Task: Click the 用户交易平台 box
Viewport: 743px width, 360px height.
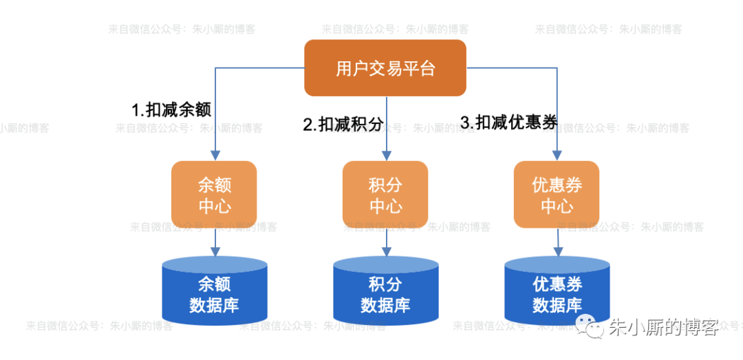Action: pos(385,68)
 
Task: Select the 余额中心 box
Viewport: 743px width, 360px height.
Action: pos(214,195)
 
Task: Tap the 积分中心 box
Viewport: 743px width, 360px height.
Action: pos(385,195)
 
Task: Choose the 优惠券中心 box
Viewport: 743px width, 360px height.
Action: pos(557,195)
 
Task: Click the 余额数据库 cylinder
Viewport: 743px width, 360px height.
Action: pos(214,293)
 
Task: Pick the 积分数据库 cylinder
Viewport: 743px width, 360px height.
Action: pos(385,293)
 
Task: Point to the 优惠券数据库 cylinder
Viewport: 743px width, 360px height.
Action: pos(557,293)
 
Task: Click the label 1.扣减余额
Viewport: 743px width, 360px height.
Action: pos(171,109)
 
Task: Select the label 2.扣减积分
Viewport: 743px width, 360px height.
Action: pos(343,125)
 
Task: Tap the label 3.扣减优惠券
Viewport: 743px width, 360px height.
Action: pos(508,123)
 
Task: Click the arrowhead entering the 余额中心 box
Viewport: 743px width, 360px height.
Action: pos(215,156)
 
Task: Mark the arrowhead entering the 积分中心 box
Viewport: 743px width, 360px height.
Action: pos(386,156)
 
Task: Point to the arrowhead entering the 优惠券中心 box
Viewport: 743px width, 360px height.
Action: pos(557,156)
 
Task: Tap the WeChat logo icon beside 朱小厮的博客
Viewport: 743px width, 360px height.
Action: pos(592,328)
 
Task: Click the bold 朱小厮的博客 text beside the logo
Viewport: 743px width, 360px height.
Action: pos(663,328)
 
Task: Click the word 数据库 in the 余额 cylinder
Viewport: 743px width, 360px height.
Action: pos(214,305)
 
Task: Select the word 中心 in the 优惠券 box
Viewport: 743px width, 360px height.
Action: pos(557,206)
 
